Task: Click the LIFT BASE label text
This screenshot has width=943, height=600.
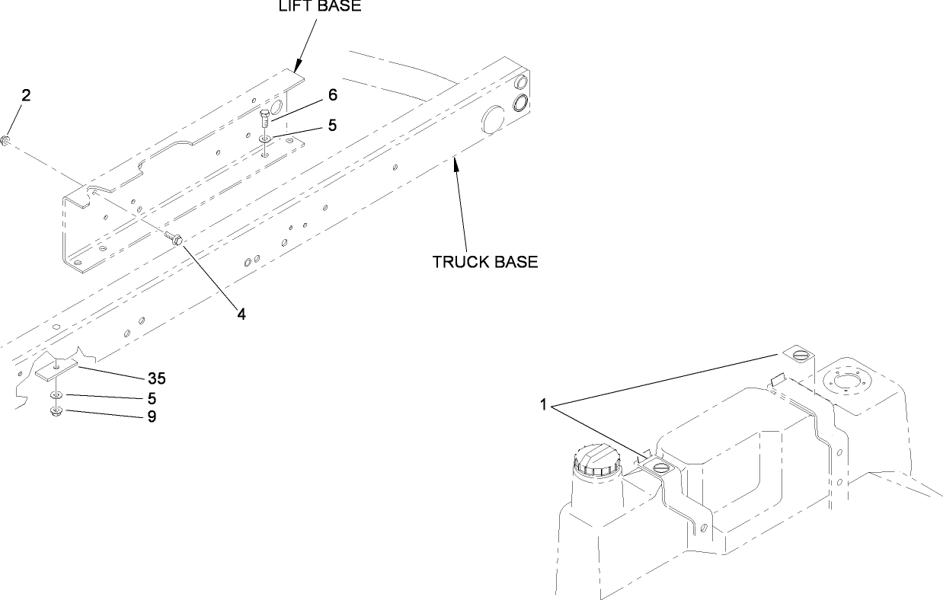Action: (320, 6)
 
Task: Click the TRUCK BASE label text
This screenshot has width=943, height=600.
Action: (485, 262)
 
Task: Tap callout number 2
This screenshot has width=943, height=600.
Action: (26, 95)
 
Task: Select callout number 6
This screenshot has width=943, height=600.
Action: (333, 95)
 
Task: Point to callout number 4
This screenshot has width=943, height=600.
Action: (241, 314)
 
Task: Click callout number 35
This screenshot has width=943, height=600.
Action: (157, 378)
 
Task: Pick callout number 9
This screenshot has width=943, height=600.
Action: (152, 416)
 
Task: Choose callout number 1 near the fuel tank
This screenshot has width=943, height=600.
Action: (543, 405)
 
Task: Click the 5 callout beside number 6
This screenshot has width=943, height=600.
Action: (332, 126)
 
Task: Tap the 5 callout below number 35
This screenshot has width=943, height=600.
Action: (152, 398)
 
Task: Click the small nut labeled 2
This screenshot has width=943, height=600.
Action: (6, 141)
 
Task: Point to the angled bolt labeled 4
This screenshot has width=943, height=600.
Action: (173, 238)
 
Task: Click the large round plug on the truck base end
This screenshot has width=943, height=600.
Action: (493, 120)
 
